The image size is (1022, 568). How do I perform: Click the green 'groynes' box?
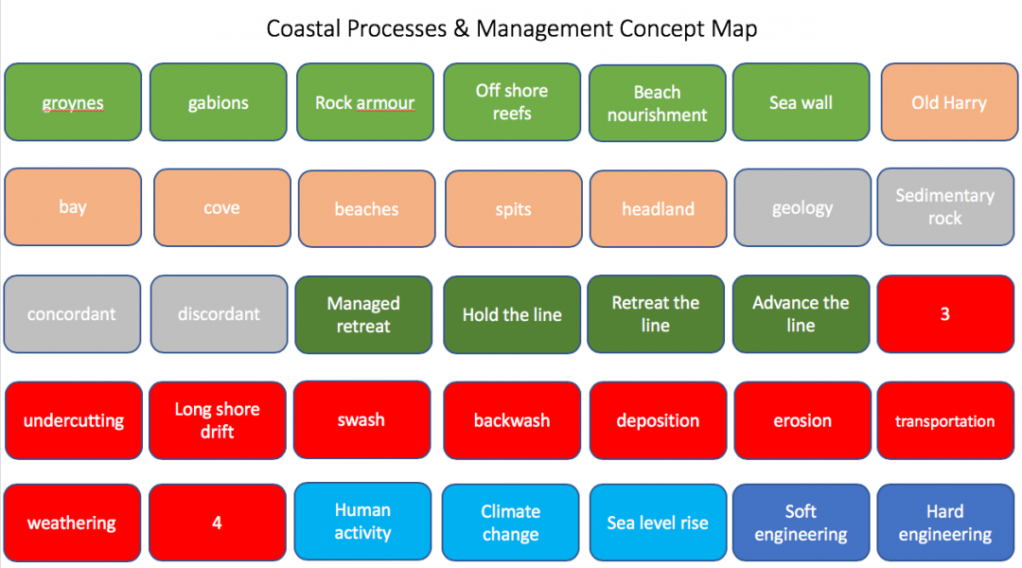[73, 102]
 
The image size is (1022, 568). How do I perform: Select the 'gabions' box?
[219, 102]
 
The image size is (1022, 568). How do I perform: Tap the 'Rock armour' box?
[365, 102]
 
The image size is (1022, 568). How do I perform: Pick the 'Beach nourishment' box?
[657, 102]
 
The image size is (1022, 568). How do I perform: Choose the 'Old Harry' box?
[948, 102]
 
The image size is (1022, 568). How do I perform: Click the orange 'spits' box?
[513, 208]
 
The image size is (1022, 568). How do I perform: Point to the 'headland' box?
[659, 208]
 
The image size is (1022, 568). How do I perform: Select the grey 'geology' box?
[802, 208]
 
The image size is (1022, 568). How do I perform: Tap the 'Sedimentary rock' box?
[944, 207]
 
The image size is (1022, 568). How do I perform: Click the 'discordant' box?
[219, 314]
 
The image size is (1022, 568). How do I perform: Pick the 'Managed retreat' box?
[363, 314]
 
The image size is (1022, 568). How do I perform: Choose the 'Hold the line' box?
[512, 314]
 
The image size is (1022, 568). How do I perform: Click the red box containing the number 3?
[944, 314]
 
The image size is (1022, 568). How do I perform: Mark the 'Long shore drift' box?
[218, 420]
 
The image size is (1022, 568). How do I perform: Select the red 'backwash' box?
[512, 420]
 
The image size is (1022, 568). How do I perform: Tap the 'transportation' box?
[944, 420]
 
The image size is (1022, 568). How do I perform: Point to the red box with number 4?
[217, 523]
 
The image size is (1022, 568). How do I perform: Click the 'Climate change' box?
[511, 523]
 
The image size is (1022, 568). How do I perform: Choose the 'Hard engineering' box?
[944, 523]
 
